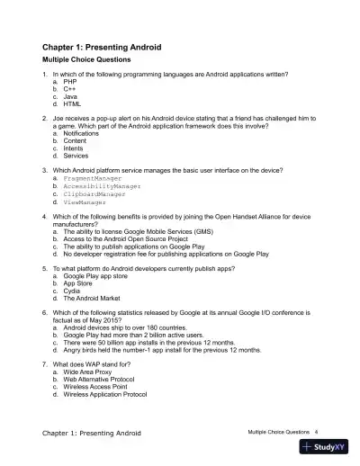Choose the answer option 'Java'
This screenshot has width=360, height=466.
click(69, 95)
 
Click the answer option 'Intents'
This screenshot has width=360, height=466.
click(75, 148)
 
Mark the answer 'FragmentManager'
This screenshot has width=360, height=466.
click(93, 179)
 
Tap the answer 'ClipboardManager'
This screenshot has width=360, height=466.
click(94, 194)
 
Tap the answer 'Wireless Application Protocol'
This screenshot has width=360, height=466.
click(111, 395)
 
